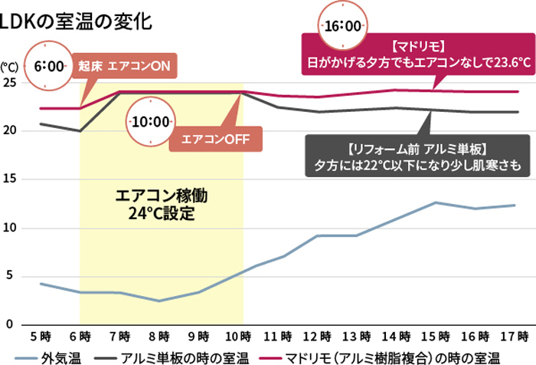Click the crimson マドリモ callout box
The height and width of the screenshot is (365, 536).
417,54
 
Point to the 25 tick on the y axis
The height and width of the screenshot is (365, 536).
9,83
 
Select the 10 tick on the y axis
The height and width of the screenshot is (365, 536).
9,228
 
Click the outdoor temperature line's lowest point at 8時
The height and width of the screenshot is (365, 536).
158,301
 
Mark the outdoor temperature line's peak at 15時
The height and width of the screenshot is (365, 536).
436,202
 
